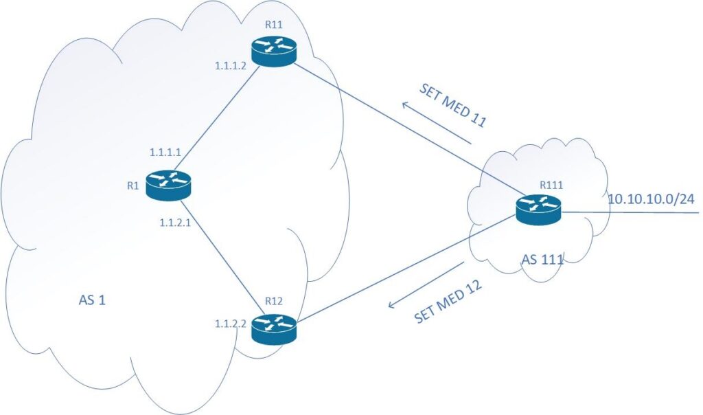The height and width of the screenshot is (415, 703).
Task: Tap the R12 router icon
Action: click(x=273, y=328)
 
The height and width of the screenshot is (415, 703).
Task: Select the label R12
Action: click(x=273, y=302)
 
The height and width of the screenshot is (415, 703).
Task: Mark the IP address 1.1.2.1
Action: click(x=174, y=223)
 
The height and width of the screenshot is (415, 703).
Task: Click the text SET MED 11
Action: click(x=453, y=108)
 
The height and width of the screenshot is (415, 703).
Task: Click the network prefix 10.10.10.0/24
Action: click(x=651, y=199)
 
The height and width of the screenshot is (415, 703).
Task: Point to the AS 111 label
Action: click(x=542, y=260)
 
